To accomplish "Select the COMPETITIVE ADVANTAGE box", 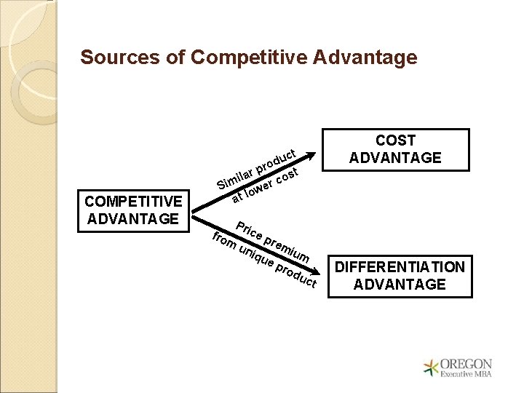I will pyautogui.click(x=133, y=209).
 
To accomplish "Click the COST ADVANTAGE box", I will pyautogui.click(x=395, y=149).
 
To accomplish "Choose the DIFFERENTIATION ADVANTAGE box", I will pyautogui.click(x=398, y=275).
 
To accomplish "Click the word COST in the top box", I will pyautogui.click(x=395, y=140).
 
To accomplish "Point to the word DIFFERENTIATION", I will pyautogui.click(x=398, y=266).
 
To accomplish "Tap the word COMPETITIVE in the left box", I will pyautogui.click(x=133, y=201).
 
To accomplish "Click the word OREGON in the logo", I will pyautogui.click(x=467, y=364).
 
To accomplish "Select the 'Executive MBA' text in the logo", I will pyautogui.click(x=467, y=376).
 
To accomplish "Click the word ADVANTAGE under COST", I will pyautogui.click(x=395, y=158).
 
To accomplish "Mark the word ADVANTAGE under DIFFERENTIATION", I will pyautogui.click(x=398, y=284).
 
